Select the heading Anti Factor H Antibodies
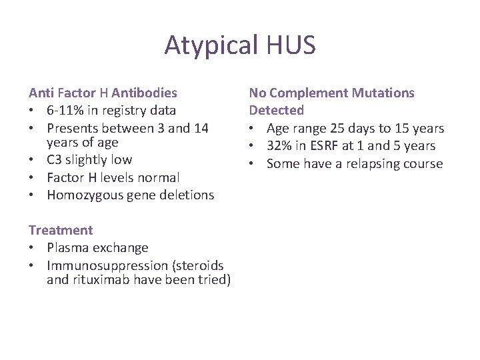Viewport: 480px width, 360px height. pos(103,93)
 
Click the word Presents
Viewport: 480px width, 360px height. pos(73,127)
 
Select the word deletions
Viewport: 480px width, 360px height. pos(187,195)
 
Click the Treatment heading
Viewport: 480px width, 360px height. pos(61,230)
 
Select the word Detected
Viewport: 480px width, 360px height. pos(276,110)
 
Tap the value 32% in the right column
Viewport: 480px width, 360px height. pos(280,145)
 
